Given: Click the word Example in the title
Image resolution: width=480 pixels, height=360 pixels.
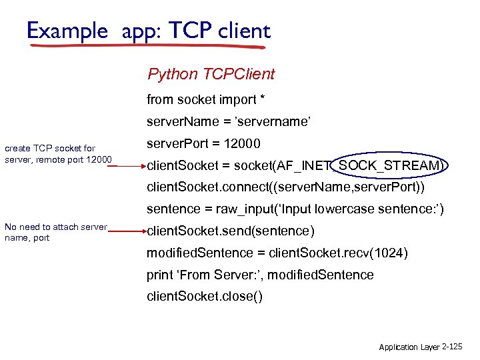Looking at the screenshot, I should click(x=67, y=31).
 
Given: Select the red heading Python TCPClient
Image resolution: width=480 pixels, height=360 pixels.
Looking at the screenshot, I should click(x=211, y=74).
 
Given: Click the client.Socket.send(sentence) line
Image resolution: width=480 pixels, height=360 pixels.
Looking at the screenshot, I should click(x=231, y=231).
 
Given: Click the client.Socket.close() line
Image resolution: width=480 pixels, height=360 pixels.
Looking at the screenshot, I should click(x=205, y=297).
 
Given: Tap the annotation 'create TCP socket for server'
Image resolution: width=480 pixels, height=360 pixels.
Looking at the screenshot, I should click(x=51, y=148).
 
